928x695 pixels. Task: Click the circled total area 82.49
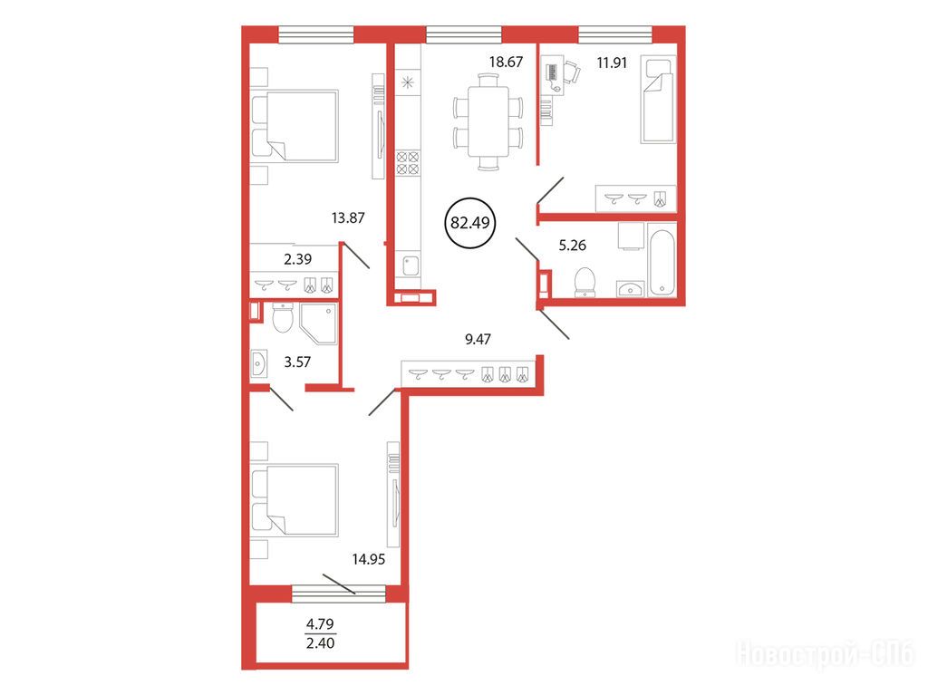[470, 223]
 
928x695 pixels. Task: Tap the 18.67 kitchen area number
[506, 62]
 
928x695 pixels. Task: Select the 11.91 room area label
[612, 63]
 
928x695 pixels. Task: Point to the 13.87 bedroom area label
[348, 217]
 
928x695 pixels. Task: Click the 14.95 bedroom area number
[369, 559]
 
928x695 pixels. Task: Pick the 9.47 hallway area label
[478, 339]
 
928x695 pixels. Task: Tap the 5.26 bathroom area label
[573, 245]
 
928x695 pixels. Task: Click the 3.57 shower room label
[297, 362]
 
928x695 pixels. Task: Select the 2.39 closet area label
[297, 259]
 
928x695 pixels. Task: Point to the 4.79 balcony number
[320, 624]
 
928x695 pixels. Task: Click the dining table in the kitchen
[488, 122]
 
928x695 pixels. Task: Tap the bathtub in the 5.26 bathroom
[662, 259]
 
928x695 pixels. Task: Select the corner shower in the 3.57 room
[318, 323]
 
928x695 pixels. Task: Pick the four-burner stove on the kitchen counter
[408, 163]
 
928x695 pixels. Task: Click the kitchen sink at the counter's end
[411, 265]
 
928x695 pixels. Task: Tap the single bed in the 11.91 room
[658, 100]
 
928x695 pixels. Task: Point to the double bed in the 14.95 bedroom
[295, 500]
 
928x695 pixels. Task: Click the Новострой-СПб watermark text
[826, 654]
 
